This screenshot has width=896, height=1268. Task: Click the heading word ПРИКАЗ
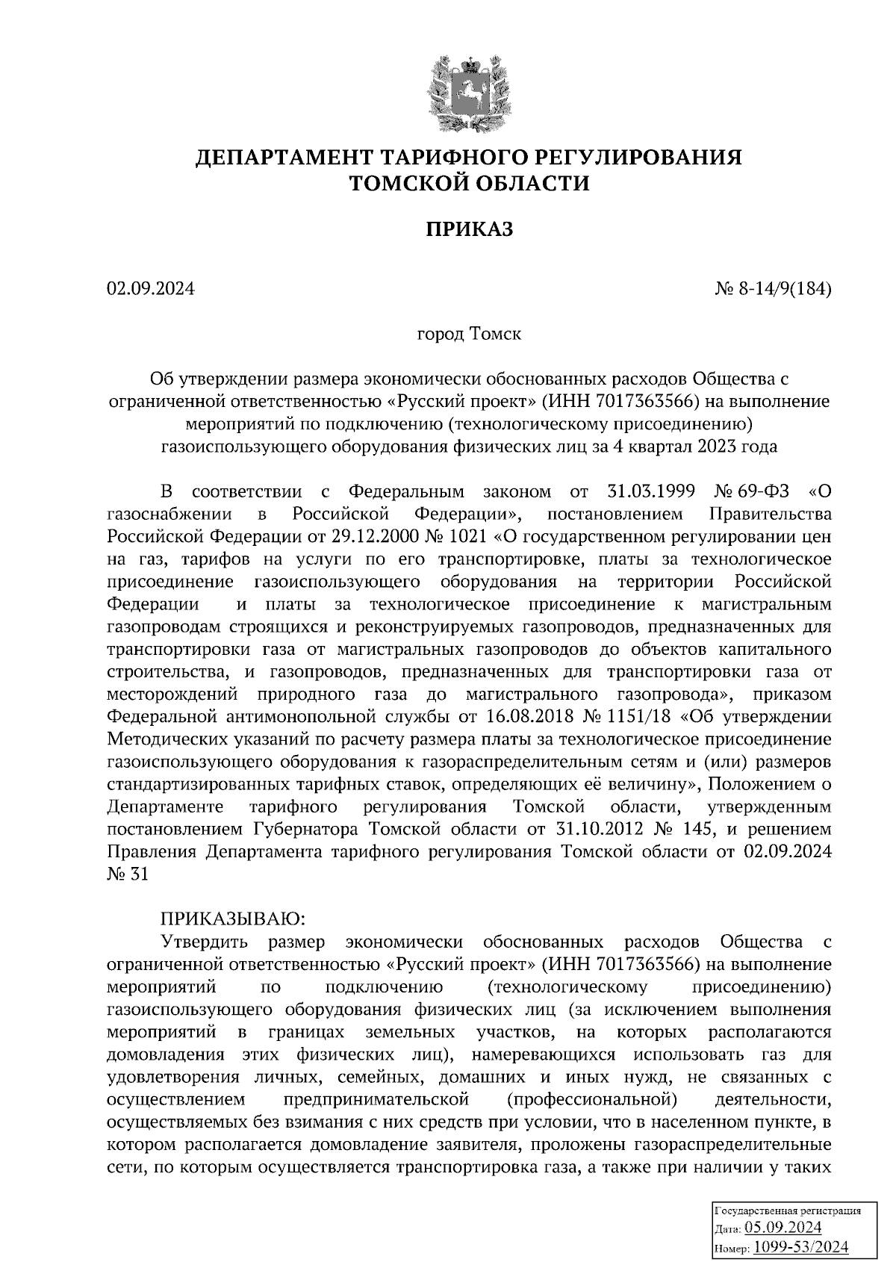coord(470,230)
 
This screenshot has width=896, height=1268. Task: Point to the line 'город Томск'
coord(469,334)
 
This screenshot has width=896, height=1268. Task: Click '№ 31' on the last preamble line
coord(128,874)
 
